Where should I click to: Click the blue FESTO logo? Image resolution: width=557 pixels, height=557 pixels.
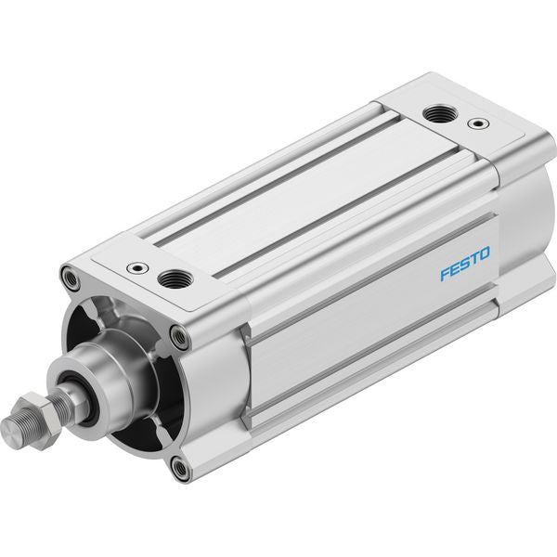(x=465, y=264)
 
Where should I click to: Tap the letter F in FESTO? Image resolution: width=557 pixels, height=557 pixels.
(x=446, y=274)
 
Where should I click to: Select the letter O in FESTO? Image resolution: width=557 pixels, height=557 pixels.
(x=485, y=253)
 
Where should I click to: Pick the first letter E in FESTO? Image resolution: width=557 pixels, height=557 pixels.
(x=456, y=269)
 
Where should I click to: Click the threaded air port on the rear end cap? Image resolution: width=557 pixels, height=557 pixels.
(x=440, y=114)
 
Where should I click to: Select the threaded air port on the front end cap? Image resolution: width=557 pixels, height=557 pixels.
(x=175, y=278)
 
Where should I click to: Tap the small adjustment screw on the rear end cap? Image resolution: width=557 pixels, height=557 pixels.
(x=478, y=123)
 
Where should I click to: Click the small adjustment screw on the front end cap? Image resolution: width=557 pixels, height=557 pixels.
(x=137, y=267)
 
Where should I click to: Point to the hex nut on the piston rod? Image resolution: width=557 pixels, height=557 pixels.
(x=38, y=419)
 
